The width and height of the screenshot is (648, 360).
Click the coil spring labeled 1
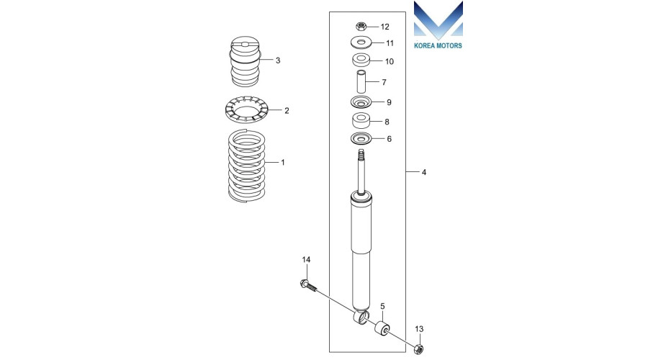(x=247, y=166)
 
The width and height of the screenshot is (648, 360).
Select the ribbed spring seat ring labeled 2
(x=247, y=110)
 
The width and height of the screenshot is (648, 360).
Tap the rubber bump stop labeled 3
(x=246, y=61)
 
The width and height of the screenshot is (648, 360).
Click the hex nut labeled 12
(x=361, y=27)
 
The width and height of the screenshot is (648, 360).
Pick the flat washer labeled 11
(x=361, y=42)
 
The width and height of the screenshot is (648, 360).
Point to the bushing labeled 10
(x=361, y=60)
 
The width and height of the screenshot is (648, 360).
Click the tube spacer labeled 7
(x=361, y=82)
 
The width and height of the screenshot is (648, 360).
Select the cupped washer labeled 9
(x=361, y=102)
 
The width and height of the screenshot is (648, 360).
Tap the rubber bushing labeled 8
(x=361, y=121)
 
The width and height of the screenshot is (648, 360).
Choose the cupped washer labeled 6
(x=361, y=139)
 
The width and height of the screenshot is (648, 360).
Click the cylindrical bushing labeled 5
(x=382, y=328)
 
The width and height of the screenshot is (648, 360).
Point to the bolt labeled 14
(x=308, y=286)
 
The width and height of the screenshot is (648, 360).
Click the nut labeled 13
(x=418, y=348)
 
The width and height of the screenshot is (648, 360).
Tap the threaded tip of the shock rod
(x=361, y=155)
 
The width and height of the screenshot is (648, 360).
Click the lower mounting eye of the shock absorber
(x=361, y=318)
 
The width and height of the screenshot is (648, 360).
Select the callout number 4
(x=423, y=172)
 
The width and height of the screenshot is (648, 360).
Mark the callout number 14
(x=306, y=260)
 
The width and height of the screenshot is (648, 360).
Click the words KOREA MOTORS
(x=438, y=45)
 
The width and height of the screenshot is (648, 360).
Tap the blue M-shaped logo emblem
(x=438, y=20)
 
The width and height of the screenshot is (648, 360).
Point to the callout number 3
(x=278, y=60)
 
